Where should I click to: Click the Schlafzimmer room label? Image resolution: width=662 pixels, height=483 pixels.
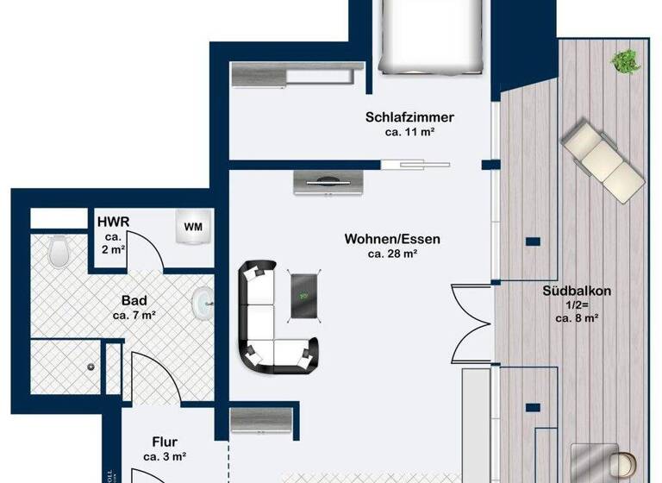click(x=409, y=118)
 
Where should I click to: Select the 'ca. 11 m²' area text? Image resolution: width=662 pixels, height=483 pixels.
click(x=409, y=134)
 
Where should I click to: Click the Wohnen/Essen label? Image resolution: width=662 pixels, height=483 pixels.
click(x=380, y=238)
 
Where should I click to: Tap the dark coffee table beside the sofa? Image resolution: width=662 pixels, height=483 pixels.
click(x=303, y=295)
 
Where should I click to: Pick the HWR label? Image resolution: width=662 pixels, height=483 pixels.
click(x=113, y=222)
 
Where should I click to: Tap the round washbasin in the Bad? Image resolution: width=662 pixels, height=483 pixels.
click(x=201, y=301)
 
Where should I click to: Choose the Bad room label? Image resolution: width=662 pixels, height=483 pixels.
click(x=134, y=301)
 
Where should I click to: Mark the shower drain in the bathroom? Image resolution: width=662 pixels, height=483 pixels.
click(x=90, y=366)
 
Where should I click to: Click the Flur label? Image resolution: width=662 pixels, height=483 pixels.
click(x=165, y=442)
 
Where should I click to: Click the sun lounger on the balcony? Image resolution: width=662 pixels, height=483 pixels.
click(x=600, y=160)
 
